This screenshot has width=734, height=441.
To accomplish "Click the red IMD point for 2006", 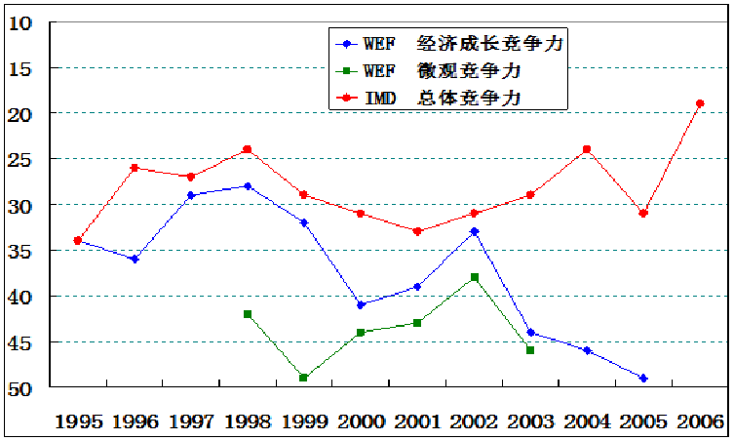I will click(x=700, y=103).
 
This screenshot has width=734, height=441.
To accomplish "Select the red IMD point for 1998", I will click(x=248, y=149).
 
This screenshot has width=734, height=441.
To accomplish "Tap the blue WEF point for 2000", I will click(x=361, y=305).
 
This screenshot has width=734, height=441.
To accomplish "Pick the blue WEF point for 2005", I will click(x=643, y=379).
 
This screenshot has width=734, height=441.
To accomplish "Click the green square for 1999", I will click(x=304, y=379).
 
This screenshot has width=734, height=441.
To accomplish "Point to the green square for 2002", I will click(x=475, y=277).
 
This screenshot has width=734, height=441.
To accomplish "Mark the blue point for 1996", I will click(x=135, y=260).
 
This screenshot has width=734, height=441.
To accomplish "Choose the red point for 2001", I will click(x=417, y=231).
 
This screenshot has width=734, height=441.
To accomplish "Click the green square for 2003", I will click(x=530, y=350).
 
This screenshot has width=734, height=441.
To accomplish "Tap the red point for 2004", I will click(x=587, y=149).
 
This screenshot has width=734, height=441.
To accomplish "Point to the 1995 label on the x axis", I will click(x=78, y=422).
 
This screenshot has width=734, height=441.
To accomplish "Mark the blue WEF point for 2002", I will click(x=475, y=232).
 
